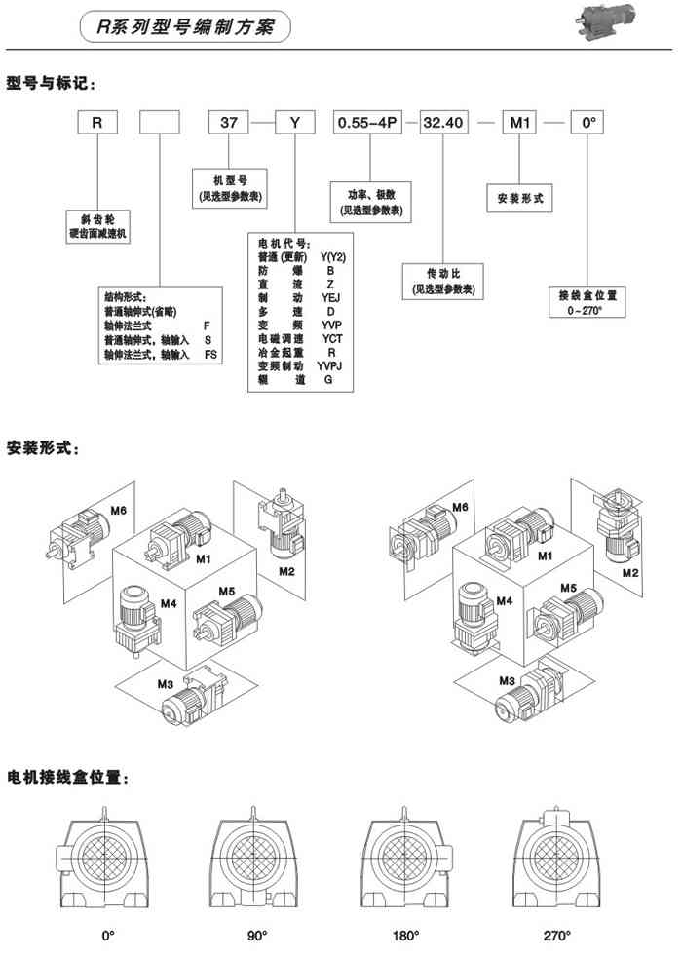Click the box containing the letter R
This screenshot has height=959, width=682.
[x=95, y=124]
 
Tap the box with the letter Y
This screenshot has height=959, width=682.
[x=295, y=124]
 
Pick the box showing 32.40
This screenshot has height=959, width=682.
[x=444, y=124]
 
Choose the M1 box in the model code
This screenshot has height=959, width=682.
[x=520, y=124]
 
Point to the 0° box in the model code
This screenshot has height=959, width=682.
[x=587, y=124]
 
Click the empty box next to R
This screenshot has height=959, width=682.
[x=161, y=124]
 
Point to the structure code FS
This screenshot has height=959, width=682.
[x=210, y=355]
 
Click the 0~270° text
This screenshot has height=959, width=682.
[x=586, y=310]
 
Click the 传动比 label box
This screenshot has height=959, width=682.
[x=443, y=282]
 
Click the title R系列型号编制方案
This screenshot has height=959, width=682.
[x=186, y=28]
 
